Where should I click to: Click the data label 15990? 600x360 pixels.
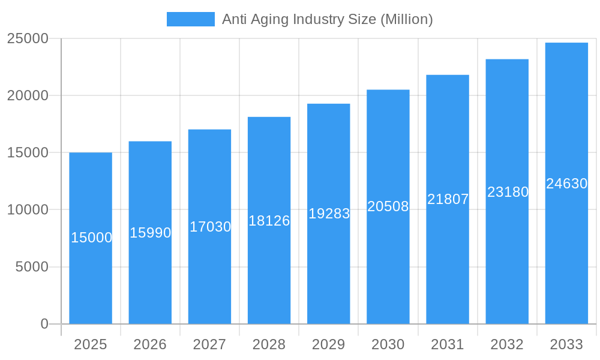point(151,233)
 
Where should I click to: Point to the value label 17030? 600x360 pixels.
point(210,227)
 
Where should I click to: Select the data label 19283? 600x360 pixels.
point(329,214)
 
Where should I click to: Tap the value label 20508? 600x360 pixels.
point(388,206)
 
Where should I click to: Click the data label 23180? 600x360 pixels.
point(508,192)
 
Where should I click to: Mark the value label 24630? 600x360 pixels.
point(566,184)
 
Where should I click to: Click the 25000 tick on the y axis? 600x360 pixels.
point(27,38)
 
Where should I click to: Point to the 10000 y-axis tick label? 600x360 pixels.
point(27,210)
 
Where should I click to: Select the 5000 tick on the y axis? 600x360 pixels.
point(31,267)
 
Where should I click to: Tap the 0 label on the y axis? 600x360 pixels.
point(44,324)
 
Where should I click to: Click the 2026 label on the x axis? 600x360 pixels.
point(150,344)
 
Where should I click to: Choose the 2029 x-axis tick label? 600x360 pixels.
point(329,344)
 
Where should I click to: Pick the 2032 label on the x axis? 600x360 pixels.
point(507,344)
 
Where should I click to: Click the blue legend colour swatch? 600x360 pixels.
point(190,19)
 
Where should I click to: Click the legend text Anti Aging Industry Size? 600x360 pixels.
point(327,19)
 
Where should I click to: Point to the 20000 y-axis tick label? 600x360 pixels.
point(27,95)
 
